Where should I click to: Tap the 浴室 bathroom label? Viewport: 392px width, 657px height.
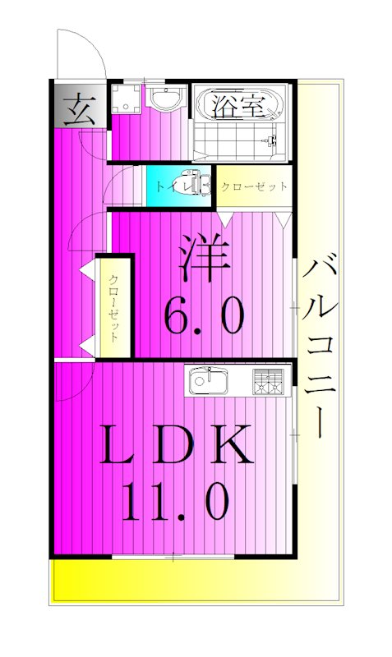tap(238, 105)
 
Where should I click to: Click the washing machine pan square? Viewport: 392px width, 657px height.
tap(127, 99)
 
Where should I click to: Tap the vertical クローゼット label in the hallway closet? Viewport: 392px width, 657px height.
tap(115, 309)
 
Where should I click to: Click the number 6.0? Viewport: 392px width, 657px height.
tap(205, 315)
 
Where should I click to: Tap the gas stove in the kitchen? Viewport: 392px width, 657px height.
tap(269, 382)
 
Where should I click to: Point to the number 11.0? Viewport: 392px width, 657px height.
tap(174, 501)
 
